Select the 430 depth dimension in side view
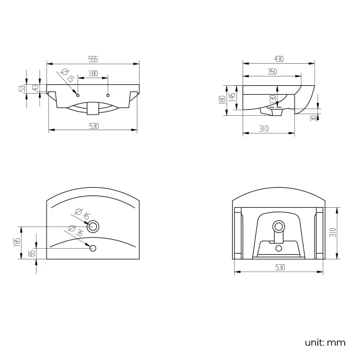tap(279, 59)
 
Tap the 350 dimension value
tap(272, 71)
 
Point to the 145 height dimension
tap(233, 96)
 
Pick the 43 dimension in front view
tap(35, 88)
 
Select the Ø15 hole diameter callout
tap(68, 76)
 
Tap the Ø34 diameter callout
tap(75, 231)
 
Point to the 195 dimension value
tap(18, 242)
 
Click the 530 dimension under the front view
tap(94, 126)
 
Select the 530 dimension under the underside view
tap(279, 268)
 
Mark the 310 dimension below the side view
tap(263, 128)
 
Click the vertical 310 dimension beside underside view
tap(333, 232)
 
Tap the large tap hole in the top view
tap(94, 225)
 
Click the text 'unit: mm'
tap(325, 342)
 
